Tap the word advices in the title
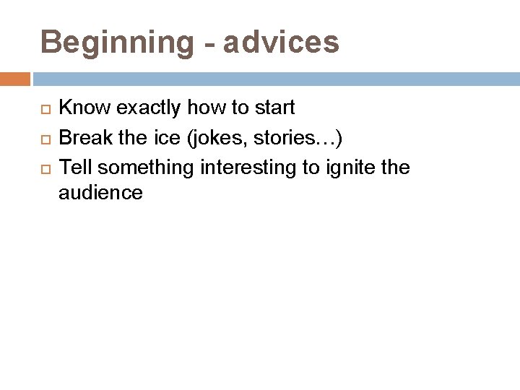(281, 43)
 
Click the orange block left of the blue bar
(15, 79)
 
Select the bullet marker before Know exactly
(43, 109)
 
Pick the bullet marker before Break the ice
(43, 139)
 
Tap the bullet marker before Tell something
(43, 169)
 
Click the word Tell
(75, 168)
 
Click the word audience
(100, 193)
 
